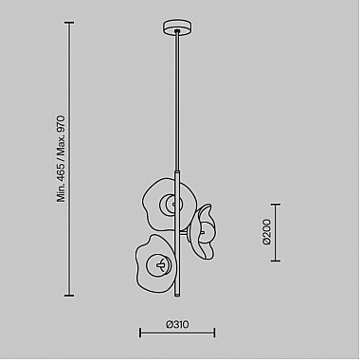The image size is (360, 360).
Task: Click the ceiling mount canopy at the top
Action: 178,27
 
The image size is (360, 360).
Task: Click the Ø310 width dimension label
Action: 177,324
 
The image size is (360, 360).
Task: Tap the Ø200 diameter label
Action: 267,232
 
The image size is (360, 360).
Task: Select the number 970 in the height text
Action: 61,126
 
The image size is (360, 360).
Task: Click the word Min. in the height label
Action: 61,193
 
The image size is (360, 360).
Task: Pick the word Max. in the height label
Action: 61,147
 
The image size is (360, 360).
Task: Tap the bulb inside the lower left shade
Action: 159,264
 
